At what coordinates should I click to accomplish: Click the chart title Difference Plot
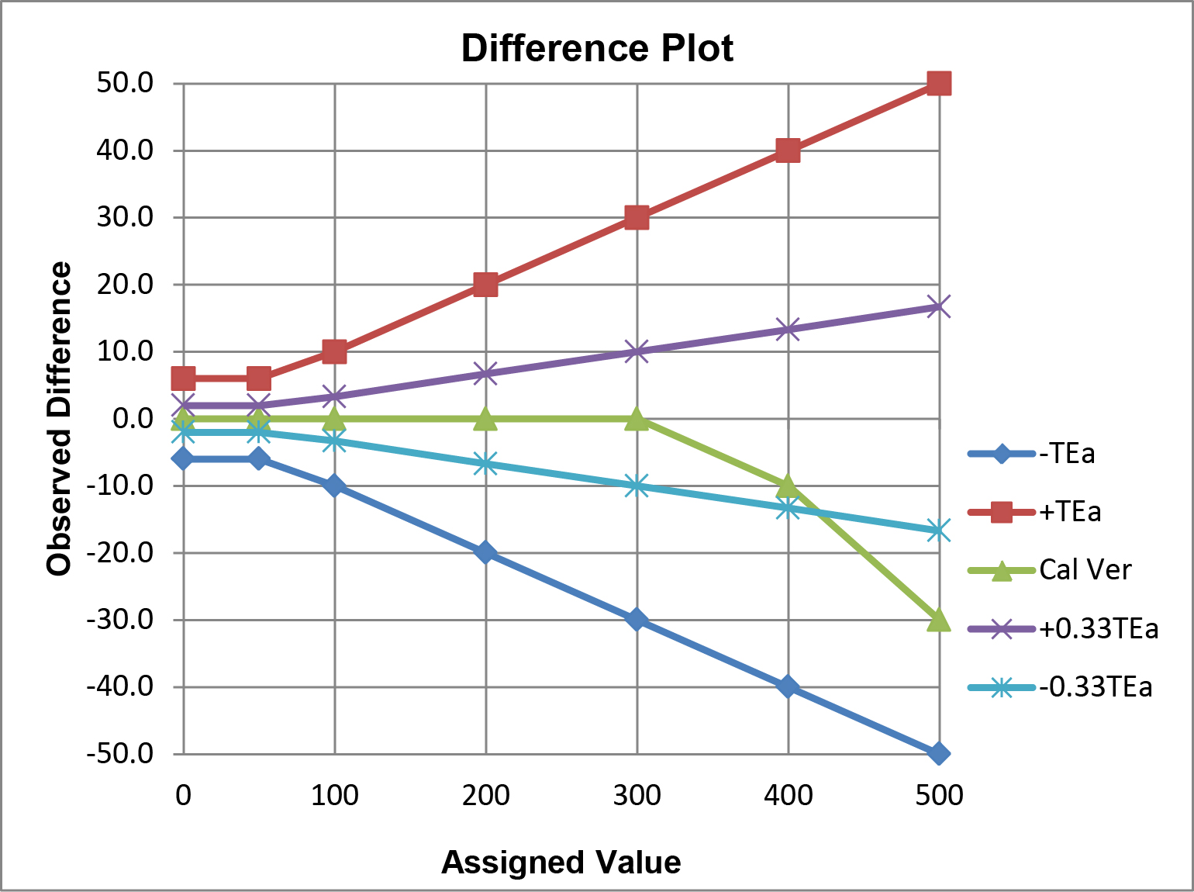[x=597, y=48]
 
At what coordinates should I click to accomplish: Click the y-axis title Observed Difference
[x=59, y=419]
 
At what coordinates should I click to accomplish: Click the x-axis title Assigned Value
[x=561, y=862]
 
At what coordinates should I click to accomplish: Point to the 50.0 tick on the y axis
[x=125, y=82]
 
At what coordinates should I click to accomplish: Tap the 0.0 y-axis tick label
[x=133, y=418]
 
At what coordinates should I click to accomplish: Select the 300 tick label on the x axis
[x=637, y=796]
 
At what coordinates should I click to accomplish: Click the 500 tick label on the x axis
[x=939, y=796]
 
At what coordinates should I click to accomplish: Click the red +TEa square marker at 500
[x=939, y=83]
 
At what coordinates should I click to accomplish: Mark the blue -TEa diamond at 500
[x=939, y=753]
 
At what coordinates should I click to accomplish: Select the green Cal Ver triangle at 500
[x=939, y=620]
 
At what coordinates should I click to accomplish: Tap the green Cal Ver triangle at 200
[x=485, y=419]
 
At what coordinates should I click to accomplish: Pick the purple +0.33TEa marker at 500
[x=939, y=307]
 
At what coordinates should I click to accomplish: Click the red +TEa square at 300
[x=637, y=217]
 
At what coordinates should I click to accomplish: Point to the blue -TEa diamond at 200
[x=485, y=552]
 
